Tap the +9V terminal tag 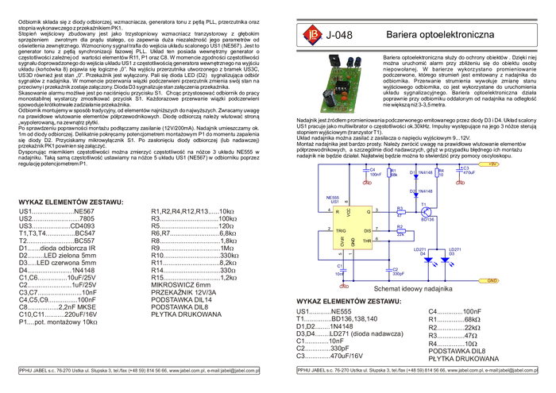pyautogui.click(x=488, y=165)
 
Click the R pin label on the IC pyautogui.click(x=338, y=213)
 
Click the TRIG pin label pyautogui.click(x=340, y=230)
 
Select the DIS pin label pyautogui.click(x=367, y=230)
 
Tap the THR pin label pyautogui.click(x=367, y=241)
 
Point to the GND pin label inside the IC pyautogui.click(x=353, y=242)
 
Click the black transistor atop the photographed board pyautogui.click(x=334, y=60)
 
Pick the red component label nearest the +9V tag pyautogui.click(x=459, y=182)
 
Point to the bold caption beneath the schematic pyautogui.click(x=413, y=291)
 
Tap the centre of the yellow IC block pyautogui.click(x=353, y=229)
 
